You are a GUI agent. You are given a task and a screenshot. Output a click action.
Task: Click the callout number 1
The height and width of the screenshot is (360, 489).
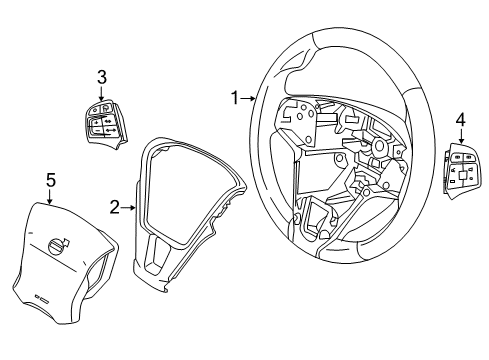[x=235, y=98]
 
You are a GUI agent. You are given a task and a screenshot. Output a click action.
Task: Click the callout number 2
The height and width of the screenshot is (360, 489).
[x=115, y=207]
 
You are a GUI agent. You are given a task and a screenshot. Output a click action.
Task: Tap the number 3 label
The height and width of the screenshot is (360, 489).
[x=101, y=76]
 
